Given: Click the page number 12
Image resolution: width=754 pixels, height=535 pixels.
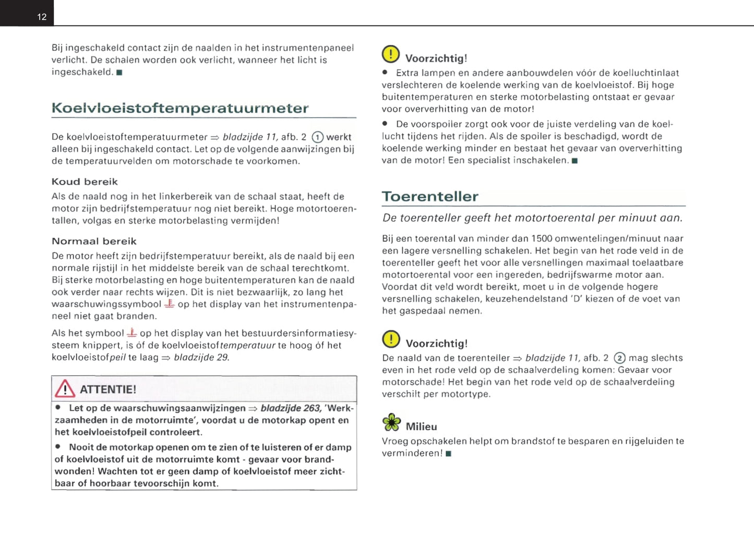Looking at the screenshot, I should (42, 17).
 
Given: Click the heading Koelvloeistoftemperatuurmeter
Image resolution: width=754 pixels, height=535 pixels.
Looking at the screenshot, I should (180, 108).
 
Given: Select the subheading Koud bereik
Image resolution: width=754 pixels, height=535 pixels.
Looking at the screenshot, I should (85, 182).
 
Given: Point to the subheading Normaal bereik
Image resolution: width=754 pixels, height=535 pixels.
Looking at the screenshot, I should (94, 241).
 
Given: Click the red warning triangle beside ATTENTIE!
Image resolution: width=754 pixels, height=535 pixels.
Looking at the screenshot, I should (65, 389).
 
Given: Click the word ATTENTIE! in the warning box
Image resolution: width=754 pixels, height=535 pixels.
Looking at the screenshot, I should (108, 390).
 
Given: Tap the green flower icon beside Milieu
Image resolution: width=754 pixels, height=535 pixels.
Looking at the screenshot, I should (391, 422).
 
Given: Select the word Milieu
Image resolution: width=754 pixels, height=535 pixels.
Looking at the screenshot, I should (422, 427).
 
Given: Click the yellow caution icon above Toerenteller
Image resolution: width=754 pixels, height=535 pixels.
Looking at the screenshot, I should (391, 54).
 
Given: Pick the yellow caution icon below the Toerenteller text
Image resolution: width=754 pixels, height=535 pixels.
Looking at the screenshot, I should (391, 339).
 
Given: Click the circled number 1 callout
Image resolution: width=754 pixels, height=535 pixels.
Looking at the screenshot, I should (317, 137).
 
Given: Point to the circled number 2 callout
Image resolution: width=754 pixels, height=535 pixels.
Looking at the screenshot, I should (619, 358).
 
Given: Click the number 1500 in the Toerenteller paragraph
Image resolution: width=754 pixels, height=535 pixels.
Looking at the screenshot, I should (542, 239).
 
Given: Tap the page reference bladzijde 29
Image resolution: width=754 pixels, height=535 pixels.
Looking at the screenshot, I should (201, 358).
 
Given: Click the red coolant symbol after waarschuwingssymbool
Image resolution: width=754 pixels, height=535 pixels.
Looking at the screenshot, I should (169, 303).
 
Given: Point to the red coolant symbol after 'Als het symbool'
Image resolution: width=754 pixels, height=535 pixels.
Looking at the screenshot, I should (132, 333).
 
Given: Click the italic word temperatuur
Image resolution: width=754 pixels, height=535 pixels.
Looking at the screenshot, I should (247, 345).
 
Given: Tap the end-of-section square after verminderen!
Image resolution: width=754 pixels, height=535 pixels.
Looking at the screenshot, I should (449, 454).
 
